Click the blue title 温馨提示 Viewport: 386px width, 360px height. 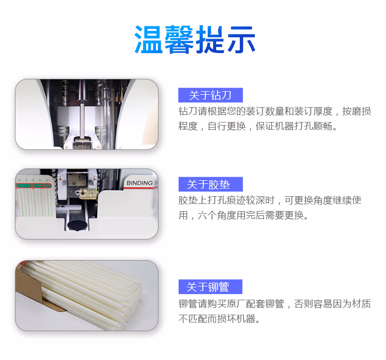click(195, 40)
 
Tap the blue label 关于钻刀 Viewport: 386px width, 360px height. click(210, 95)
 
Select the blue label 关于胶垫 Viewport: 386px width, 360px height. click(210, 184)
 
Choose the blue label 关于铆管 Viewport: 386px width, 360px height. click(210, 286)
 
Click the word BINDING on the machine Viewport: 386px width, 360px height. click(139, 183)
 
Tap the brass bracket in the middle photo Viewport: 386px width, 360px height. click(88, 194)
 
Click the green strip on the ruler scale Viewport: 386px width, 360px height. click(33, 185)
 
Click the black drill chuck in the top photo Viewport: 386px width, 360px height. click(82, 91)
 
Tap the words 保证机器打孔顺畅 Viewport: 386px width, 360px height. click(296, 126)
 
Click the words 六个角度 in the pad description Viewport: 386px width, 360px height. click(217, 215)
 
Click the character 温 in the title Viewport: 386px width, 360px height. click(148, 40)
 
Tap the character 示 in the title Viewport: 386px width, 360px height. click(241, 40)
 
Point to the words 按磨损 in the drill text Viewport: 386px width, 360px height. click(357, 111)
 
